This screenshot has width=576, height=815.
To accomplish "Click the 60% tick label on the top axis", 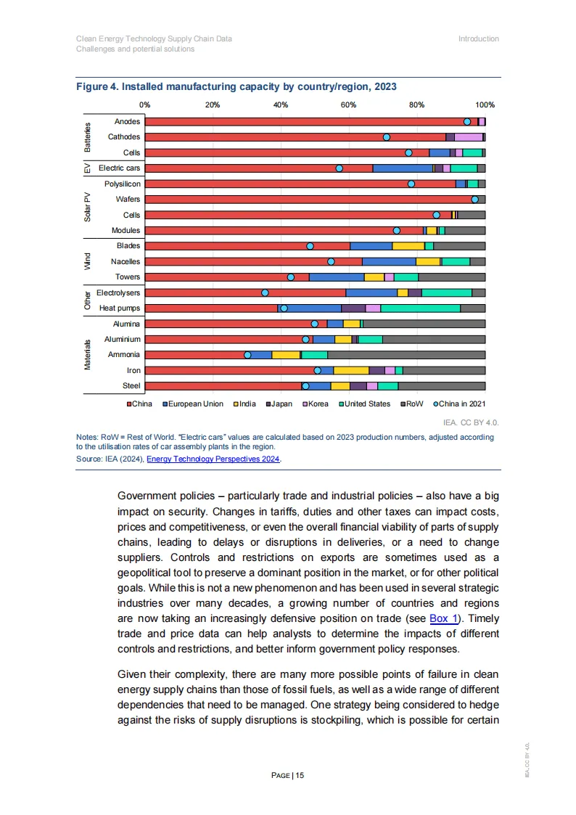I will coord(348,105).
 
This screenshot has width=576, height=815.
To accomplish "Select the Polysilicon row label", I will coord(123,184).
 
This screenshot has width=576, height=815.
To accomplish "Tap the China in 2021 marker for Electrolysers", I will coord(265,292).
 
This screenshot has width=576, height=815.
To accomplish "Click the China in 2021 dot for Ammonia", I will coord(247,355).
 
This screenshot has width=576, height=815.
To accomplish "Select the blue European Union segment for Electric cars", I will coord(403,168).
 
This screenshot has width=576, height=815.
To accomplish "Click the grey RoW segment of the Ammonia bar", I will coord(406,355).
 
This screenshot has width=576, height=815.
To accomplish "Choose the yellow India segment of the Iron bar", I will coord(351,371).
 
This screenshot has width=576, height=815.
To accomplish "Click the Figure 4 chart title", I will coord(236,86).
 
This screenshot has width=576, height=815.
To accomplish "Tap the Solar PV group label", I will coord(87,207).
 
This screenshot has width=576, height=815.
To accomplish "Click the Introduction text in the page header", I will coord(478,38).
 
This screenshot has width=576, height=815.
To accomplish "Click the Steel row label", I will coord(131,386).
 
